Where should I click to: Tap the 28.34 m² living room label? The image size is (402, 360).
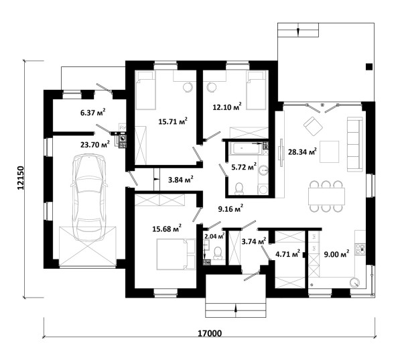click(x=302, y=152)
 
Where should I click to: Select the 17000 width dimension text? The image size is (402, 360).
click(x=210, y=333)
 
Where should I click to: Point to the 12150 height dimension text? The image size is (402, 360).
click(x=21, y=178)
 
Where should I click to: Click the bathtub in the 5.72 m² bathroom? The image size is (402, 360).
click(x=246, y=149)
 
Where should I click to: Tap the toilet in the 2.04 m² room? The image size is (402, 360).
click(x=218, y=252)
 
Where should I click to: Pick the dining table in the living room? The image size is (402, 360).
click(x=326, y=196)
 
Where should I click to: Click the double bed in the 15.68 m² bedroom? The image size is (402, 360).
click(x=176, y=254)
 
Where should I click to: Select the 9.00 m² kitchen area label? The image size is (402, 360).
click(x=336, y=254)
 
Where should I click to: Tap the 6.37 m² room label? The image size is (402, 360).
click(x=93, y=113)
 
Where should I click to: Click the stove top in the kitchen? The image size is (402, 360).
click(x=360, y=249)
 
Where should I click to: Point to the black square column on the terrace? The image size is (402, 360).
click(x=369, y=66)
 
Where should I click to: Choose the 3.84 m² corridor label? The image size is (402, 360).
click(x=180, y=180)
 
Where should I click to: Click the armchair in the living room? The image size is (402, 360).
click(x=313, y=126)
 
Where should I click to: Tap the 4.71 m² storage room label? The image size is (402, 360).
click(x=287, y=254)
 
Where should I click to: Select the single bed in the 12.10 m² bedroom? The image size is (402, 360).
click(x=256, y=91)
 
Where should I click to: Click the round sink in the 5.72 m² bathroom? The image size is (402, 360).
click(x=263, y=170)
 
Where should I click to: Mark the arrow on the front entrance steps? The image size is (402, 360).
click(x=236, y=308)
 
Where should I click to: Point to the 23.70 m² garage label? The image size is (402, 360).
click(x=95, y=144)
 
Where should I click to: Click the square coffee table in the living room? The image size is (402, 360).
click(x=329, y=152)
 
